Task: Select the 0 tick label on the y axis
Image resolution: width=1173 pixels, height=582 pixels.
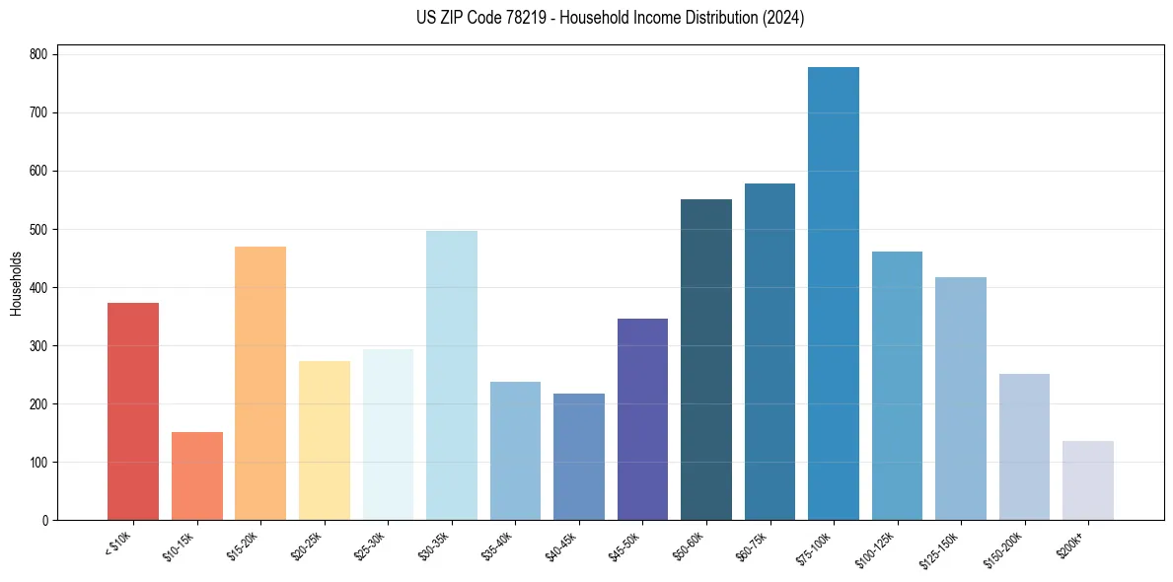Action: pos(46,520)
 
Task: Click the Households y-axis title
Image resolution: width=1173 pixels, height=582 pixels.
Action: pos(16,283)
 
